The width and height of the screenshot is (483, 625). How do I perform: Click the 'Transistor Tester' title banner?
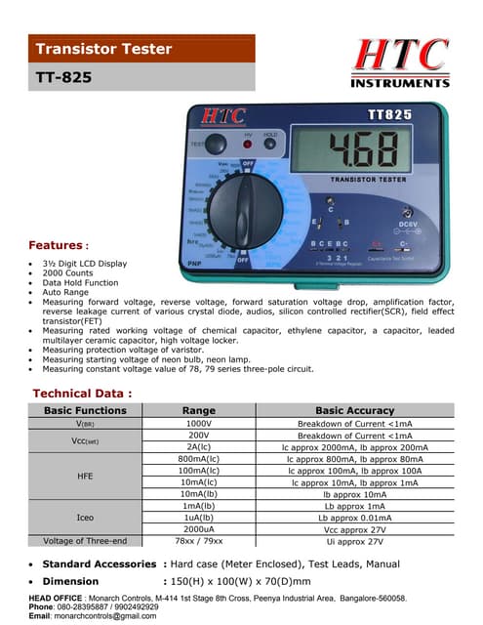pos(103,49)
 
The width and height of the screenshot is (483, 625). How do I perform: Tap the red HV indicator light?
pos(248,145)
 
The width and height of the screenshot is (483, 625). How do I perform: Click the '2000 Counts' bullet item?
pos(71,273)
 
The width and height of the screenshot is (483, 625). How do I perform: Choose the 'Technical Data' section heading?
pos(81,393)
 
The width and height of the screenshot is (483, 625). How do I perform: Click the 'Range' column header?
pos(198,411)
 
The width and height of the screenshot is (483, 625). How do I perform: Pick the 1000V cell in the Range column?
pos(198,424)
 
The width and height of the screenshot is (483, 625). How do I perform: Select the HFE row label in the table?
pos(85,476)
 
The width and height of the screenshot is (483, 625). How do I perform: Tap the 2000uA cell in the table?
pos(198,528)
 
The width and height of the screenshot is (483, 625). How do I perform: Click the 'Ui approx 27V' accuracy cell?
pos(354,541)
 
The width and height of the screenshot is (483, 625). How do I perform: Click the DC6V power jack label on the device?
pos(396,229)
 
